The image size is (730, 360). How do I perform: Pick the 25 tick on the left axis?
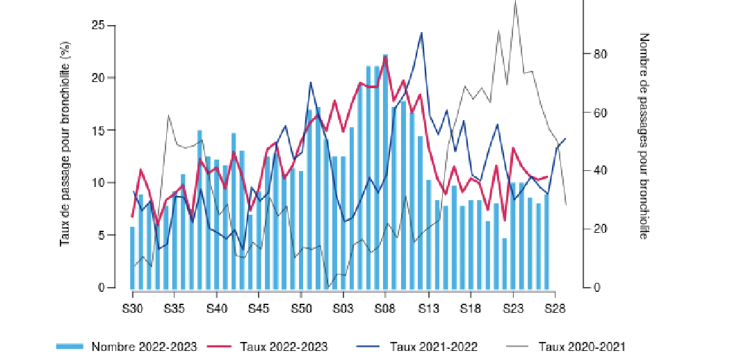[99, 26]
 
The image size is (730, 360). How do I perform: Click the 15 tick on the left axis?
[99, 131]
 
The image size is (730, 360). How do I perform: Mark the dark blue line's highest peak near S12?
[421, 33]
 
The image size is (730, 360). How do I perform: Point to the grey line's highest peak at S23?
[515, 2]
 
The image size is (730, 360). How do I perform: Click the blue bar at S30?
[132, 257]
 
